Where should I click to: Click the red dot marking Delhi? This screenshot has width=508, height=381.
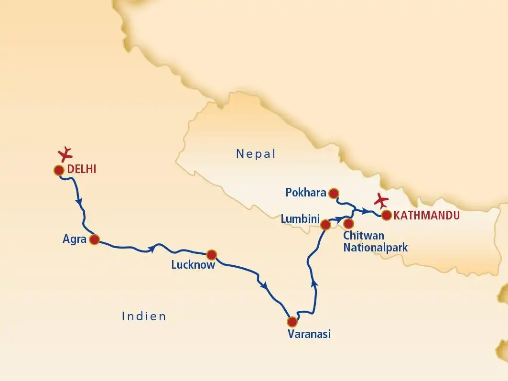[x=59, y=170]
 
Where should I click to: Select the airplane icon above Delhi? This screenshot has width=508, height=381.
[x=65, y=153]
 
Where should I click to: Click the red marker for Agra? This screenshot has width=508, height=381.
[x=95, y=239]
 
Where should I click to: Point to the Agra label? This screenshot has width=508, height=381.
[x=74, y=239]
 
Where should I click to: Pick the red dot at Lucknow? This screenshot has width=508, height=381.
[x=211, y=254]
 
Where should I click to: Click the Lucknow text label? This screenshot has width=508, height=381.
[x=193, y=265]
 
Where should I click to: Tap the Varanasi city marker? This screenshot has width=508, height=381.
[x=292, y=322]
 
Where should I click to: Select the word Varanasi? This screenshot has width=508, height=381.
[x=309, y=334]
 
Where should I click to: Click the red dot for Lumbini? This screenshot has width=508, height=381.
[x=325, y=224]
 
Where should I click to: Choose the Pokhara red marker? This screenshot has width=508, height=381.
[x=334, y=193]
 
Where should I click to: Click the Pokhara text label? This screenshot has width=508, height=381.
[x=306, y=193]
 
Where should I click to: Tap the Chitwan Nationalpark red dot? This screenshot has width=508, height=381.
[x=348, y=223]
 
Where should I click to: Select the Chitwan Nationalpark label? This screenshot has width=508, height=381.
[x=376, y=241]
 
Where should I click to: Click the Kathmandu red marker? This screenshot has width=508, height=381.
[x=387, y=215]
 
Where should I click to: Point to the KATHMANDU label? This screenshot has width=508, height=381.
[x=427, y=216]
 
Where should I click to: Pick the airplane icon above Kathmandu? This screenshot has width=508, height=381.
[x=381, y=200]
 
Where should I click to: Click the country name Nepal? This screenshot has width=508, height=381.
[x=256, y=153]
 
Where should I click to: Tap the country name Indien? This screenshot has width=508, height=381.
[x=144, y=316]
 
